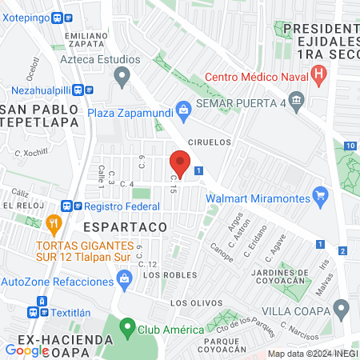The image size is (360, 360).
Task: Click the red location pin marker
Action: pyautogui.click(x=180, y=164)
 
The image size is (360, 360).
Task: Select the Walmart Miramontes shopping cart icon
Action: pyautogui.click(x=321, y=194)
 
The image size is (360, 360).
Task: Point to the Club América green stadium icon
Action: pyautogui.click(x=126, y=328)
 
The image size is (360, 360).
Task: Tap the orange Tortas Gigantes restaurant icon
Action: pyautogui.click(x=54, y=223)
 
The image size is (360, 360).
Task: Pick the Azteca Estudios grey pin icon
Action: pyautogui.click(x=122, y=78)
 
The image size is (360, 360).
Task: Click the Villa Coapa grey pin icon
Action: pyautogui.click(x=342, y=308)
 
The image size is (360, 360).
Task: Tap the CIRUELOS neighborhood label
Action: pyautogui.click(x=209, y=142)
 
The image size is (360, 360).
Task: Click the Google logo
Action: pyautogui.click(x=26, y=350)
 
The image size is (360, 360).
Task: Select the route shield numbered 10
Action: pyautogui.click(x=351, y=146)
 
